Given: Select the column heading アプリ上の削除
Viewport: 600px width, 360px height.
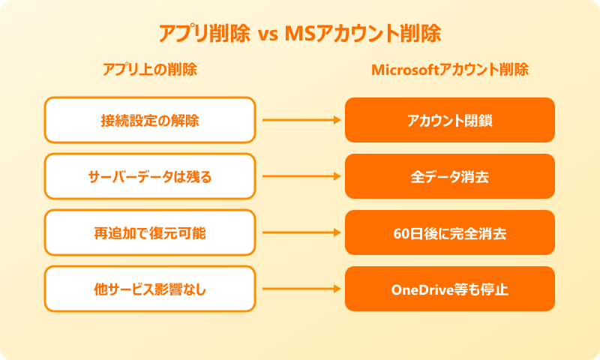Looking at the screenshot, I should (x=150, y=70).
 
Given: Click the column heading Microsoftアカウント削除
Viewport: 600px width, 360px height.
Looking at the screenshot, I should (x=450, y=70).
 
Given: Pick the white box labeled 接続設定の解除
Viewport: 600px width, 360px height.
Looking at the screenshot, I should (x=150, y=120).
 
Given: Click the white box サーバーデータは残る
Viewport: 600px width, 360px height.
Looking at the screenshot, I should (x=150, y=176).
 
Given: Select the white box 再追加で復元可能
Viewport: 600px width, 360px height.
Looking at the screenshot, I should (x=150, y=232).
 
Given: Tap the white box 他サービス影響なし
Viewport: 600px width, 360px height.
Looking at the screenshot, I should (x=150, y=289).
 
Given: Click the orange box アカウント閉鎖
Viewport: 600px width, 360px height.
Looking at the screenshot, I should (x=450, y=120).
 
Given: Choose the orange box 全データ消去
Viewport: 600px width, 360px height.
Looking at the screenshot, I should (x=450, y=176).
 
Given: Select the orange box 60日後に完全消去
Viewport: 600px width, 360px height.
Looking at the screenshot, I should (x=450, y=232).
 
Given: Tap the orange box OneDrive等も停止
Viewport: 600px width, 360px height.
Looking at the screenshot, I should (x=450, y=289).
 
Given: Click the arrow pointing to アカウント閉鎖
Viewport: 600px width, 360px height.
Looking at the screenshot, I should (x=300, y=120).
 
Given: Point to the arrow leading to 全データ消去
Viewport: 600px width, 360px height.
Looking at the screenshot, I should (x=300, y=176).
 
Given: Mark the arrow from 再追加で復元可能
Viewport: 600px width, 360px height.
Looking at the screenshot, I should (x=300, y=232).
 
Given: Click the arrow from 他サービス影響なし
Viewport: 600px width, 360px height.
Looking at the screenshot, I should (x=300, y=289).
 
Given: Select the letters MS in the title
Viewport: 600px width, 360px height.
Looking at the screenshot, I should (x=299, y=34).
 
